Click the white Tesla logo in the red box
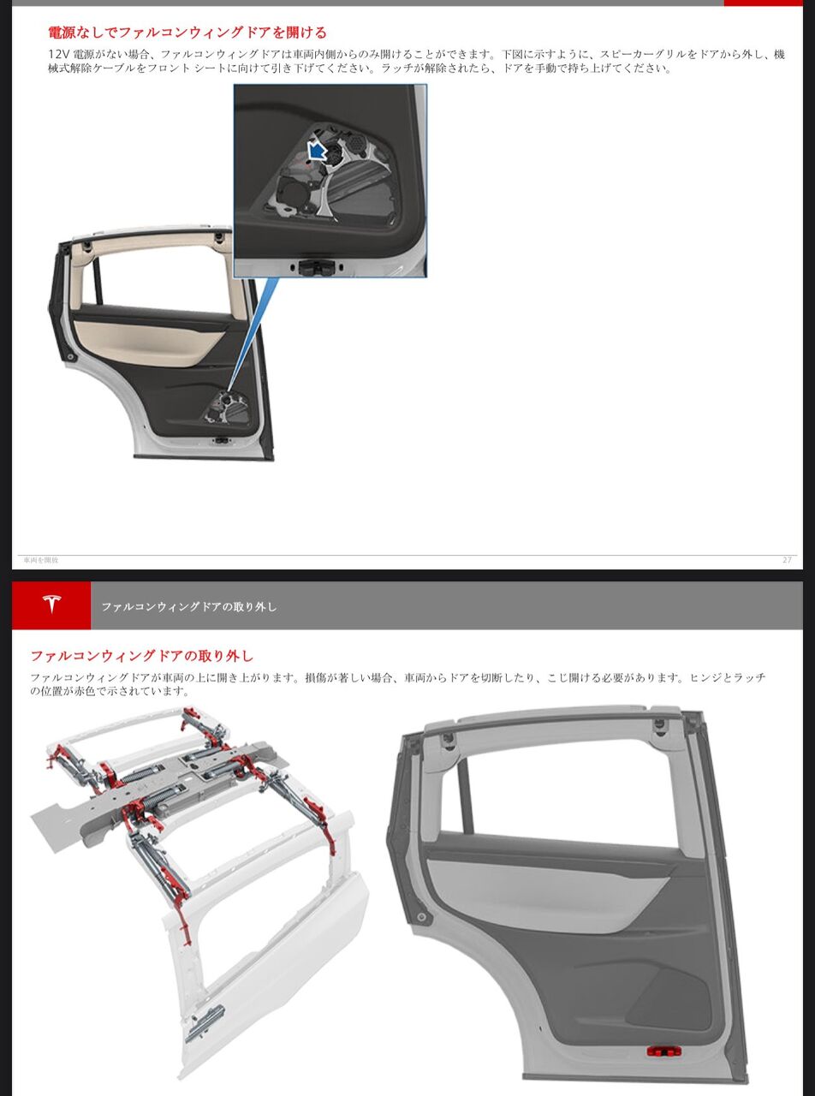pos(51,605)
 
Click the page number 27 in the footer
pos(787,560)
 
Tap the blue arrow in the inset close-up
pos(316,151)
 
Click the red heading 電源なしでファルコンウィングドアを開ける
pos(187,33)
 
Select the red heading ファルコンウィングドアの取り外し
pos(142,656)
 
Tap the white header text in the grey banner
pos(189,606)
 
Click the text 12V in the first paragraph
pos(58,54)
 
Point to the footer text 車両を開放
pos(40,560)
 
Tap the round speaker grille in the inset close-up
pos(357,143)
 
